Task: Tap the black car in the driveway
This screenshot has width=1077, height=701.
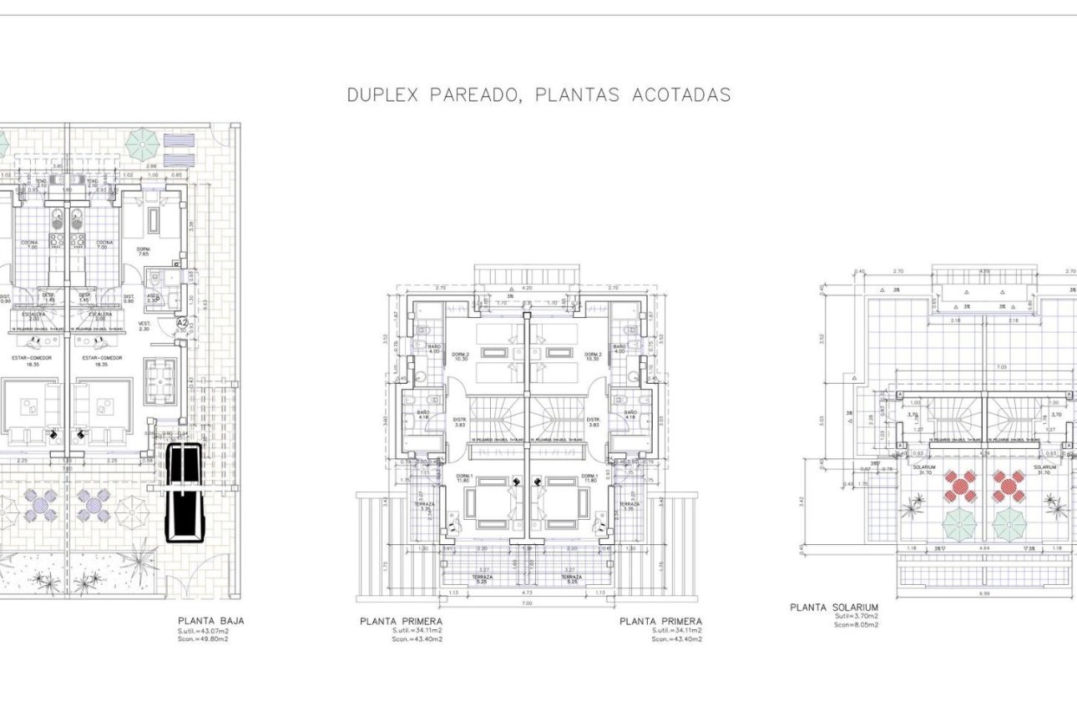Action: [184, 492]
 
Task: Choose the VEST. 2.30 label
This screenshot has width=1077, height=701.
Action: [144, 325]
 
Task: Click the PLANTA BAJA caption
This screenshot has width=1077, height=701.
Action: [210, 621]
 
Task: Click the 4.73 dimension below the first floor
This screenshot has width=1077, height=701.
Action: [527, 592]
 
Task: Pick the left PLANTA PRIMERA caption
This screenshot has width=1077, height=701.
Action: [401, 621]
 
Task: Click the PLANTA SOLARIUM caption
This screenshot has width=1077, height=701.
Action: [833, 607]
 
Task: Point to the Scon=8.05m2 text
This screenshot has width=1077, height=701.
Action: [856, 624]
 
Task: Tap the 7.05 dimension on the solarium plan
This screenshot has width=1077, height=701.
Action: [985, 367]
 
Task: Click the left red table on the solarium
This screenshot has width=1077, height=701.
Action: [960, 486]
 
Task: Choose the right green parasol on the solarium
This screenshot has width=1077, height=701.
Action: [1009, 524]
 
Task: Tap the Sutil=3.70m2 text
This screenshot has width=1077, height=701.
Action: [856, 616]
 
